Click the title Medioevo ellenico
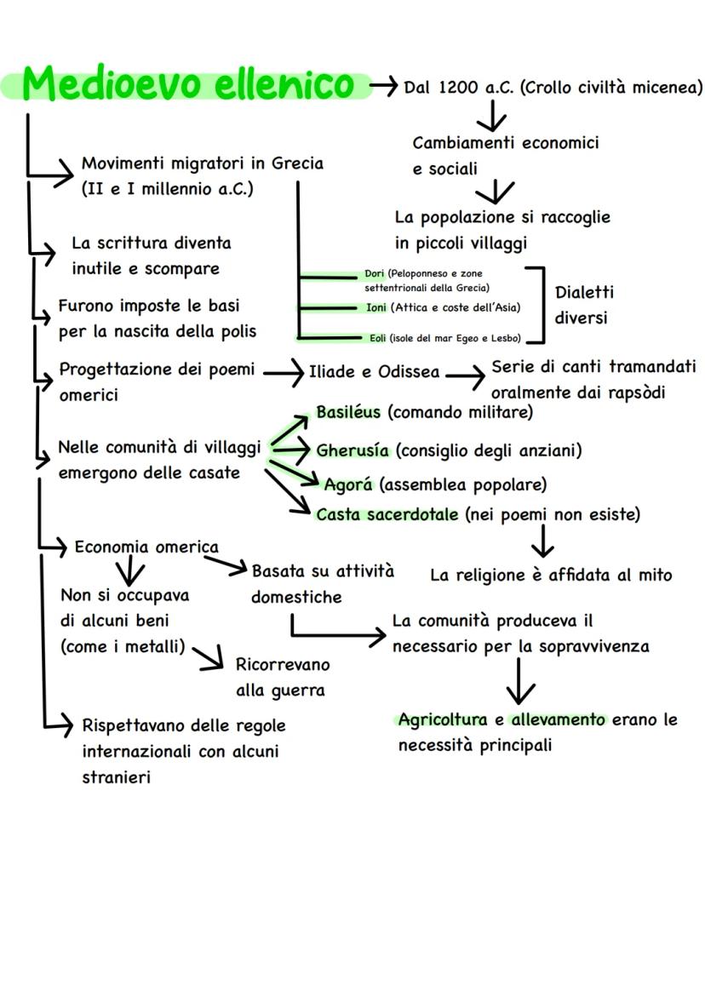187,84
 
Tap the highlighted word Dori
374,274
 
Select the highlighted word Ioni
376,307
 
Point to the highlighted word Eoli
377,338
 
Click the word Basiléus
348,412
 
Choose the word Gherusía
352,450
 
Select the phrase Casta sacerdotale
387,514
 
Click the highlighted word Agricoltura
443,719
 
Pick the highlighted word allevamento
559,719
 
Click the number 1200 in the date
460,87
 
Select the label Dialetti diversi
584,305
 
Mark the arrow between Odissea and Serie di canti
465,373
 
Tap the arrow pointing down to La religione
542,540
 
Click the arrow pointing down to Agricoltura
519,681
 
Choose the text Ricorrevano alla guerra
282,677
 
